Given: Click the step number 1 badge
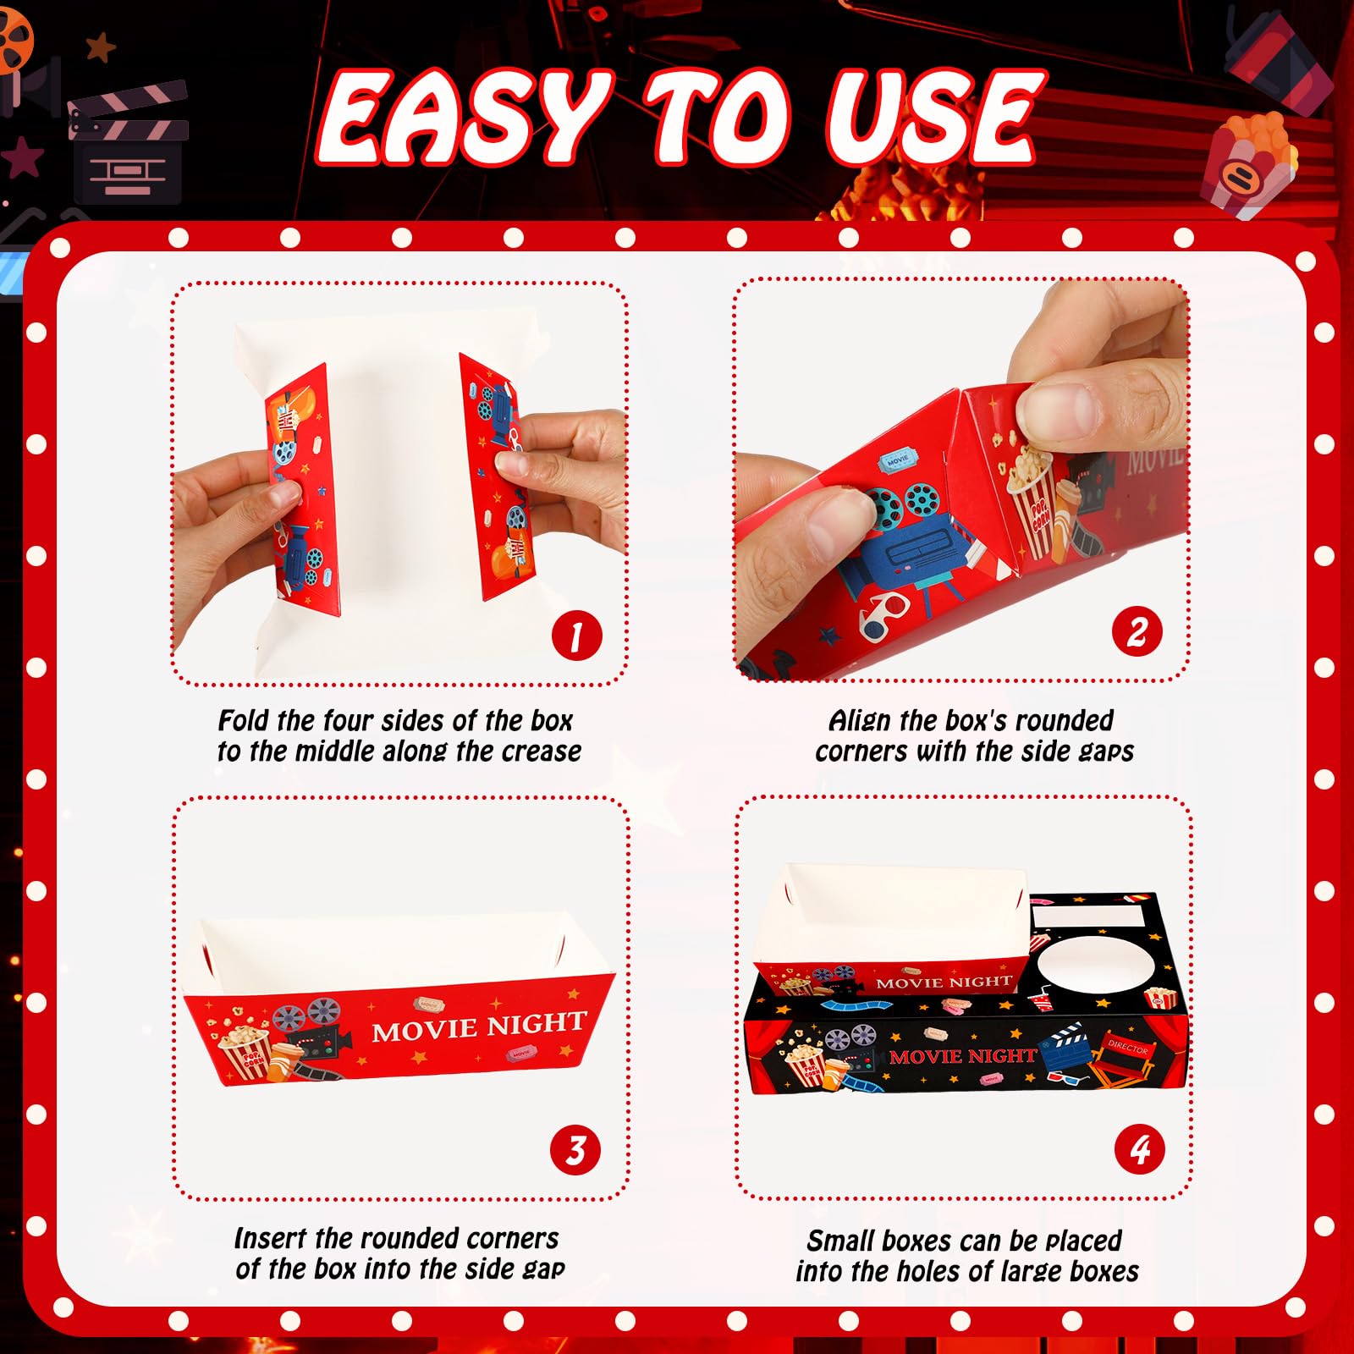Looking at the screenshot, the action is tap(576, 636).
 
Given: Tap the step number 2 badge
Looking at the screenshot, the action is tap(1137, 632).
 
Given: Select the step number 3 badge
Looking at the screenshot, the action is tap(575, 1150).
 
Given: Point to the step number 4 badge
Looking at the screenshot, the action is tap(1140, 1149).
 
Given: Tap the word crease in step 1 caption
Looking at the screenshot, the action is tap(542, 751).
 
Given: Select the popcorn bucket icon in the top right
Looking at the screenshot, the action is tap(1251, 164).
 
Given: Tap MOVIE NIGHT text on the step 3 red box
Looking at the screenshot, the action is tap(479, 1026).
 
